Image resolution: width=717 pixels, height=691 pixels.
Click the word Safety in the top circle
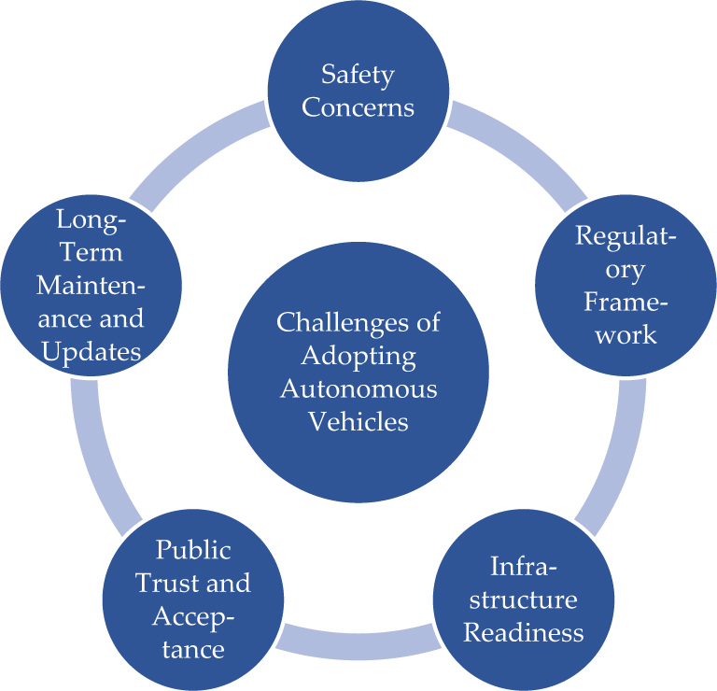point(358,74)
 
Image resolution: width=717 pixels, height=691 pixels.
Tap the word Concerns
point(358,106)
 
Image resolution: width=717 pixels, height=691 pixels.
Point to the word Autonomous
point(358,388)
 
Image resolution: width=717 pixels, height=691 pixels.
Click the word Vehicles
point(358,421)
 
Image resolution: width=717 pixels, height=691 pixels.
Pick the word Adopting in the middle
point(358,356)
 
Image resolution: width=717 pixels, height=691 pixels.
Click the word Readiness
point(524,632)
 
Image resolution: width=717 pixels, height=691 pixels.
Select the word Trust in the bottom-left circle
point(169,583)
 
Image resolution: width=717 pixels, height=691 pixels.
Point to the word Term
point(90,252)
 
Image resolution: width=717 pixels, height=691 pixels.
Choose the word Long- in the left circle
point(91,219)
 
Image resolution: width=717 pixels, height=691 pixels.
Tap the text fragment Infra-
point(523,567)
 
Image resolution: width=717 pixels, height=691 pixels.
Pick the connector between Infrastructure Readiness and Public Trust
point(358,639)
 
